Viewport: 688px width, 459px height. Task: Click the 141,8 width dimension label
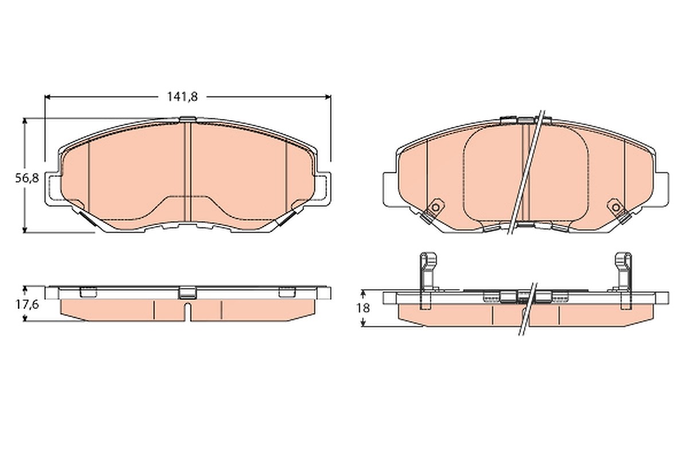tap(182, 97)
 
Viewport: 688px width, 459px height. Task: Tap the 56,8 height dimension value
tap(27, 178)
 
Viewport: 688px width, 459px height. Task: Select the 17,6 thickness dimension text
tap(27, 305)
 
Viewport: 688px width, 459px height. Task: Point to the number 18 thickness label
tap(363, 308)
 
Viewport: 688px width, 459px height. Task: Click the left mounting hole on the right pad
tap(435, 208)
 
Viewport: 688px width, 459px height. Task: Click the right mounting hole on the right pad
tap(616, 208)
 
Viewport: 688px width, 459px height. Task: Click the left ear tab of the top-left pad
tap(53, 188)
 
